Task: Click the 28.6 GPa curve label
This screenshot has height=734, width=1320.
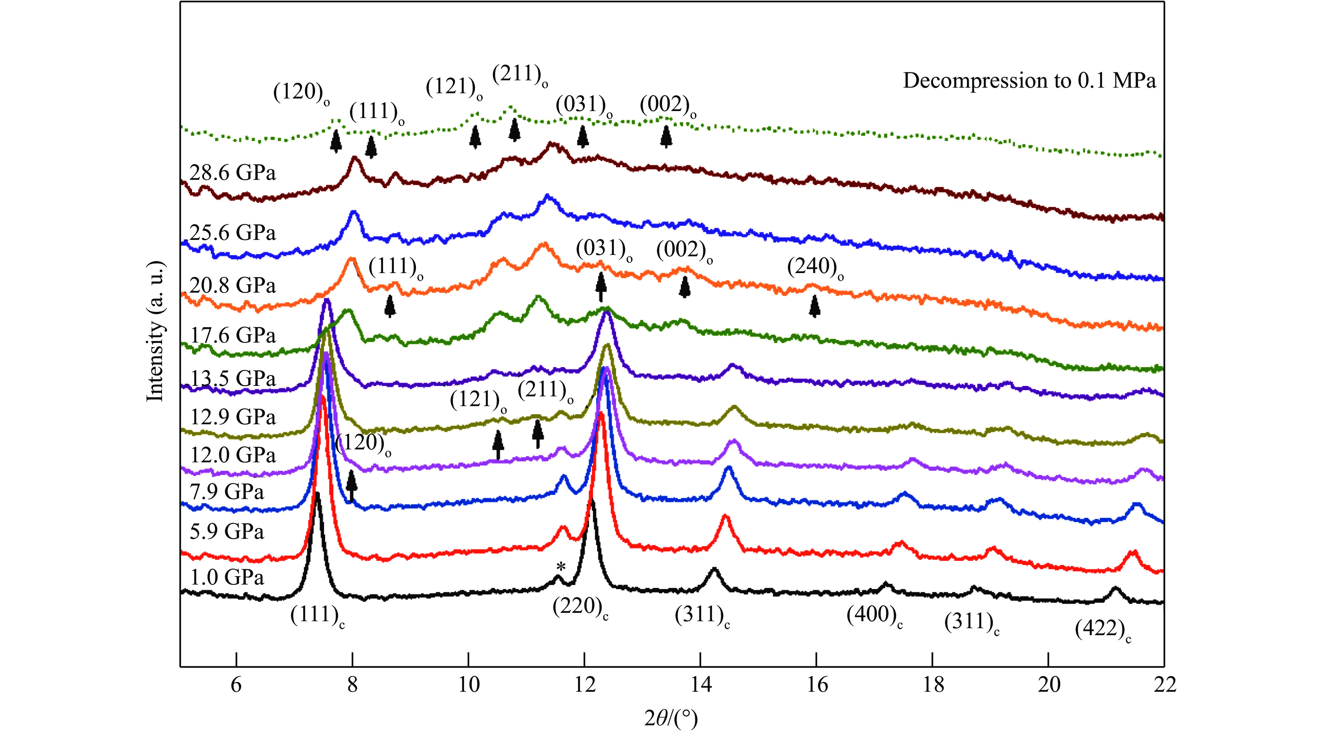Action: pyautogui.click(x=232, y=173)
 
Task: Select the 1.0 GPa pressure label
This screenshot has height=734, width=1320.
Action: pyautogui.click(x=227, y=577)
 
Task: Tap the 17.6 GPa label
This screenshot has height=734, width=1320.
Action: pyautogui.click(x=233, y=335)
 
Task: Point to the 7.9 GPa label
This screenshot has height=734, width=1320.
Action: pyautogui.click(x=227, y=492)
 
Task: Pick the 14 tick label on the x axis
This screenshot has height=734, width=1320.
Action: pyautogui.click(x=700, y=685)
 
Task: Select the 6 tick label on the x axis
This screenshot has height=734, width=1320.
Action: pyautogui.click(x=236, y=685)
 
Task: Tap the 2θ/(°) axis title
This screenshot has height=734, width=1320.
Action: pyautogui.click(x=671, y=719)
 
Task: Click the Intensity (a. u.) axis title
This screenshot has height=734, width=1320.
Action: pyautogui.click(x=156, y=332)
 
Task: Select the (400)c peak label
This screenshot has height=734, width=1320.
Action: pyautogui.click(x=874, y=615)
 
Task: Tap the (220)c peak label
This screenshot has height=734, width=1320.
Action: pyautogui.click(x=580, y=607)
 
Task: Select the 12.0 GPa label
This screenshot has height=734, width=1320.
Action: pyautogui.click(x=233, y=455)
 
